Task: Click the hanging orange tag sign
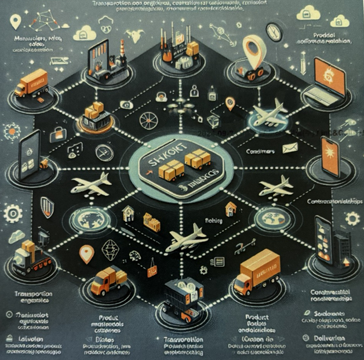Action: tap(152, 267)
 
